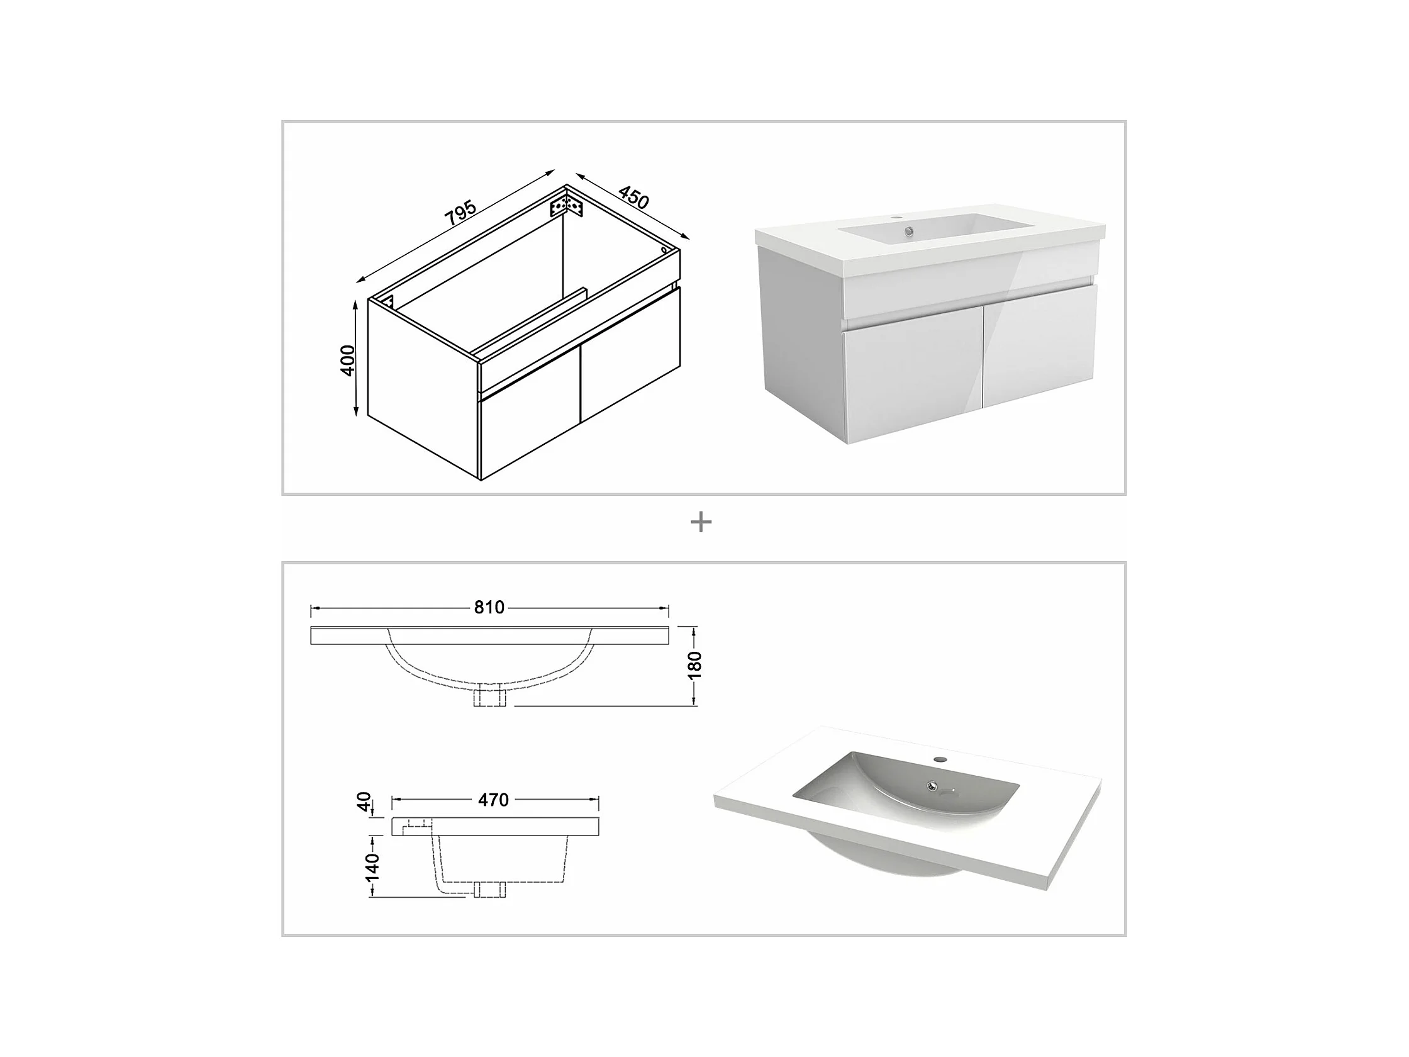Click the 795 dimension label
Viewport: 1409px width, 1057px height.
460,213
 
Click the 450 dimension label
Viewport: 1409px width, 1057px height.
633,198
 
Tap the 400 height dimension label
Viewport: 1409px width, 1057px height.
348,360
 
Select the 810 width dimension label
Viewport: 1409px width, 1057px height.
489,607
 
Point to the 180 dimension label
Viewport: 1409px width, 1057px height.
695,665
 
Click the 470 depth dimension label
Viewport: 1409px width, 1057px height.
494,800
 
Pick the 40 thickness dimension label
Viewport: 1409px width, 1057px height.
364,802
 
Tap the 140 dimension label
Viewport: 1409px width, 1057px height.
371,867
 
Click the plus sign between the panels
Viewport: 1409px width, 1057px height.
701,522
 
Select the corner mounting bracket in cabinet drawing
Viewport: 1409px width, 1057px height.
566,206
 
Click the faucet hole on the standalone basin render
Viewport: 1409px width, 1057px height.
940,760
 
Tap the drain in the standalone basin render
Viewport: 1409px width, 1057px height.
933,786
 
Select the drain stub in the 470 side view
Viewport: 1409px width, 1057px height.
490,890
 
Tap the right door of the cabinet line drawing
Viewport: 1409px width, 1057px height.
631,354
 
